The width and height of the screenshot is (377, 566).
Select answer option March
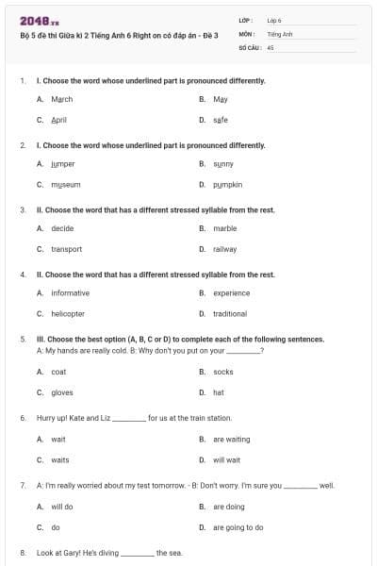62,99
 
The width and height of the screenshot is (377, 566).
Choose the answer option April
59,120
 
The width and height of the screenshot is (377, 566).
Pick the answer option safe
221,120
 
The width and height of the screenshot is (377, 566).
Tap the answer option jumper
63,164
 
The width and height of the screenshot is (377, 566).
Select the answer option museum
66,185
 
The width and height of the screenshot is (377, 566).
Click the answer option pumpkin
228,185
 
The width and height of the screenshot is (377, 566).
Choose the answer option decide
63,228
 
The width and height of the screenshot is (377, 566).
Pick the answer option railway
225,249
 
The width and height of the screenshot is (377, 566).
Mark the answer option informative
71,293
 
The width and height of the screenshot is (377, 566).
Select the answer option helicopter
68,314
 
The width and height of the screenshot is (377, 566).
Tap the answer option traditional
230,314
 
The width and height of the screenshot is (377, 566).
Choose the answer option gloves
62,392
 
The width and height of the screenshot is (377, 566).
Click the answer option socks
223,372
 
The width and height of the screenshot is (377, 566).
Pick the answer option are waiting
232,439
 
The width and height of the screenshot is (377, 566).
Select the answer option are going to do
238,527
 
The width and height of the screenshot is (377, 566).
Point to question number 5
23,339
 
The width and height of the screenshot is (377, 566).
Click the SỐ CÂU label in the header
250,46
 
